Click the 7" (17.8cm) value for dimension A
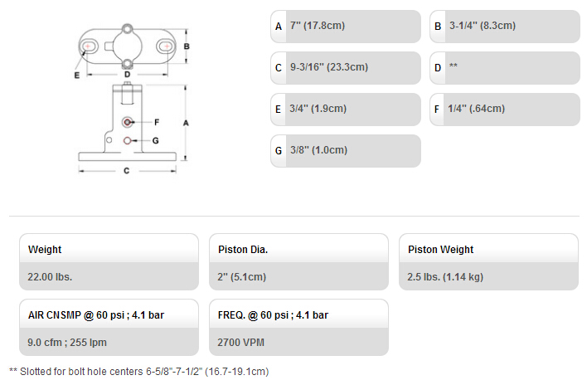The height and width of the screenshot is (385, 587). pyautogui.click(x=318, y=26)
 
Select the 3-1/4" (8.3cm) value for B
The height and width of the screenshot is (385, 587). pyautogui.click(x=483, y=26)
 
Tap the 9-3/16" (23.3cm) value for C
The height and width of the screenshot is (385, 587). pyautogui.click(x=329, y=67)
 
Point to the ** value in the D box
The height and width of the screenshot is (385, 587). pyautogui.click(x=454, y=66)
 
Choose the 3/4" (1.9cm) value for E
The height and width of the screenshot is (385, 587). pyautogui.click(x=318, y=109)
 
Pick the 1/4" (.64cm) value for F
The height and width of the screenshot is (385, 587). pyautogui.click(x=477, y=109)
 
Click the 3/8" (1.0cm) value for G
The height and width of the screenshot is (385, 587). pyautogui.click(x=319, y=150)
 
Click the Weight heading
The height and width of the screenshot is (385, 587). pyautogui.click(x=45, y=250)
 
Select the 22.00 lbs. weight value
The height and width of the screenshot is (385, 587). pyautogui.click(x=50, y=277)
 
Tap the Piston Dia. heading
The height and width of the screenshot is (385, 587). pyautogui.click(x=243, y=250)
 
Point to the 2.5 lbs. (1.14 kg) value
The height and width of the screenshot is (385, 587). pyautogui.click(x=445, y=277)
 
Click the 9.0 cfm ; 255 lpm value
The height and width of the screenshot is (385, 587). pyautogui.click(x=67, y=343)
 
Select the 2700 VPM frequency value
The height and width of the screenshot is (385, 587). pyautogui.click(x=240, y=343)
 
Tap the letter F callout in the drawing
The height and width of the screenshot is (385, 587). pyautogui.click(x=157, y=122)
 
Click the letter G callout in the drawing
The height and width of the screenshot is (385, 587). pyautogui.click(x=156, y=140)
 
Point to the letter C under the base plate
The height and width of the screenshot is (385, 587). pyautogui.click(x=127, y=171)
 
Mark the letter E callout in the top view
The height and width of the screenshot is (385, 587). pyautogui.click(x=77, y=76)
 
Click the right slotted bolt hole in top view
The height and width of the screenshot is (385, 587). pyautogui.click(x=165, y=46)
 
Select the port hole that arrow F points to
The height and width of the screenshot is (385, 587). pyautogui.click(x=128, y=122)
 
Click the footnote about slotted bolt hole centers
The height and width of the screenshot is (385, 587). pyautogui.click(x=139, y=372)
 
